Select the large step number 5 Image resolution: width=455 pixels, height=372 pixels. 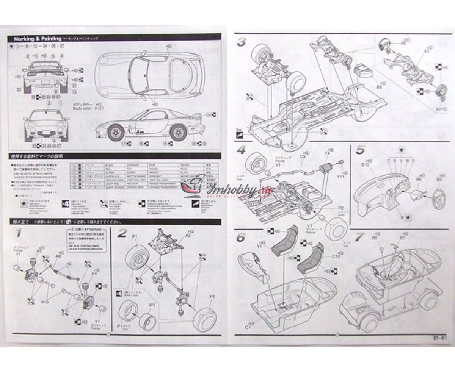(361, 150)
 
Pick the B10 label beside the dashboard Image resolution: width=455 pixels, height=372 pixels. (365, 165)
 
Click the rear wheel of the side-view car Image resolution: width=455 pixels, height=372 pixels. (177, 133)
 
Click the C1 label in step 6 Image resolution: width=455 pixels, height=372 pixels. (249, 325)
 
